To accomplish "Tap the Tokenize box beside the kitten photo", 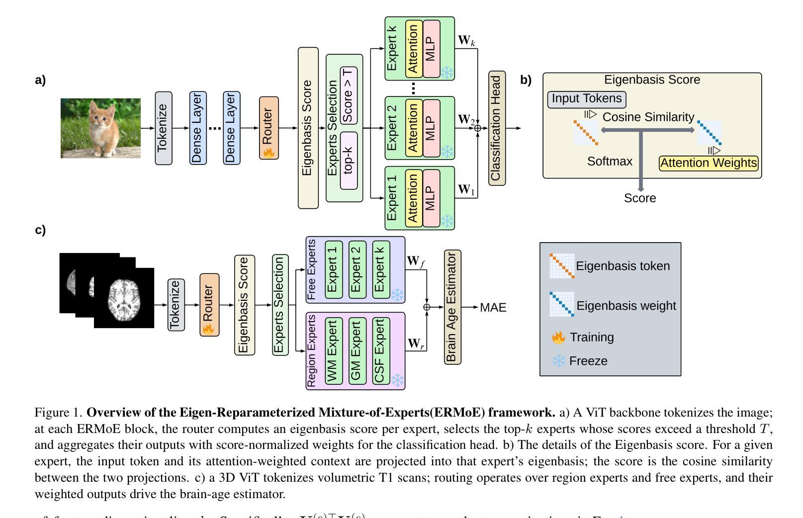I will tap(163, 128).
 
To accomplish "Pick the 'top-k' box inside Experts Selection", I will tap(349, 160).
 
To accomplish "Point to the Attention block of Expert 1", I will tap(414, 198).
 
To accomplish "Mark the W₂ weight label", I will tap(466, 120).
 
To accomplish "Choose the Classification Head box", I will tap(497, 128).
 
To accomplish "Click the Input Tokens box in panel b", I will tap(586, 99).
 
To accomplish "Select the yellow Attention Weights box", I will tap(709, 163).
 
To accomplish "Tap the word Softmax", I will tap(610, 162).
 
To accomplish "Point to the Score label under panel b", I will tap(640, 198).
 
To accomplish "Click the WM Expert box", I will tap(333, 351).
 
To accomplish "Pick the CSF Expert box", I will tap(381, 351).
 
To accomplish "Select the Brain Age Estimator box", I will tap(452, 307).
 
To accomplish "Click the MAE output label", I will tap(493, 308).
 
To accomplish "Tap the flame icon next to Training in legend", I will tap(559, 338).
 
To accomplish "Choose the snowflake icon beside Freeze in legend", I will tap(559, 361).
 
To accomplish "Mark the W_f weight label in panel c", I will tap(415, 261).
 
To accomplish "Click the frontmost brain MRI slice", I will tap(124, 298).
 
